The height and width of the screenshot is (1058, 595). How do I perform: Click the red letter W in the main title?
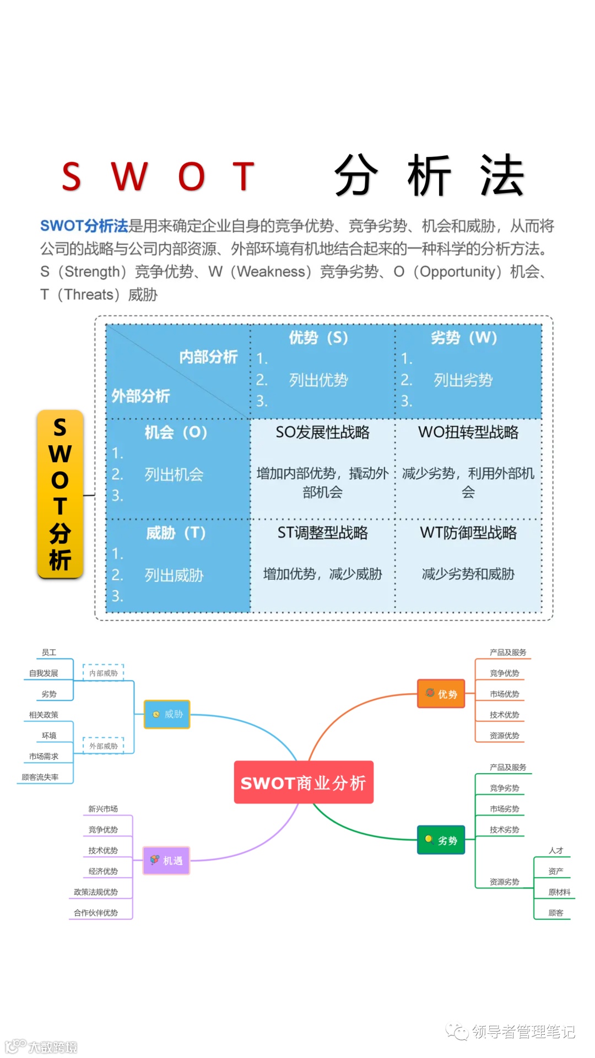(129, 177)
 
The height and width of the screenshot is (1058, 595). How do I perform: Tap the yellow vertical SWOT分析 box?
(60, 494)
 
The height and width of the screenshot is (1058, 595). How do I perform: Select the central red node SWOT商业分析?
(304, 782)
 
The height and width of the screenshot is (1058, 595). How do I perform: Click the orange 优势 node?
(441, 694)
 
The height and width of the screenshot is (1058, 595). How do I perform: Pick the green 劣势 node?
(441, 840)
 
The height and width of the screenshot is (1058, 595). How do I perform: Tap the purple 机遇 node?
(166, 860)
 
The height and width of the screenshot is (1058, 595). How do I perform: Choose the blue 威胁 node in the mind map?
(167, 714)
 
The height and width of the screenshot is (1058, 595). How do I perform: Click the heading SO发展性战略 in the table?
(322, 433)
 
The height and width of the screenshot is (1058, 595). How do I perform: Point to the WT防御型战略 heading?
(468, 533)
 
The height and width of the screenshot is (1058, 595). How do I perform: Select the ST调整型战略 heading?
(322, 533)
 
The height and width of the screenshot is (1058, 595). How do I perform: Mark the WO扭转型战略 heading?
(468, 433)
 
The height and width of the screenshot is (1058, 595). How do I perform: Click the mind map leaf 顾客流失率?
(40, 777)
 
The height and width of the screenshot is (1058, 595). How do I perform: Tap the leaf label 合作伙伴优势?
(96, 913)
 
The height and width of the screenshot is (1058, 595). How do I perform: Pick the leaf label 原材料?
(559, 892)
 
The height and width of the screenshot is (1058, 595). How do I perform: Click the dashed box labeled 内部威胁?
(104, 673)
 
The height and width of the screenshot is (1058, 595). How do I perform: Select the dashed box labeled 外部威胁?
(104, 746)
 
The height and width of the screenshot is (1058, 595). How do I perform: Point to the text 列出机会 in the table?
(174, 474)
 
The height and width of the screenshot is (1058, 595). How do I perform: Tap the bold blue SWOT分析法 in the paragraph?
(84, 226)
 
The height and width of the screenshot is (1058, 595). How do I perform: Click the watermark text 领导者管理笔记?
(523, 1032)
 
